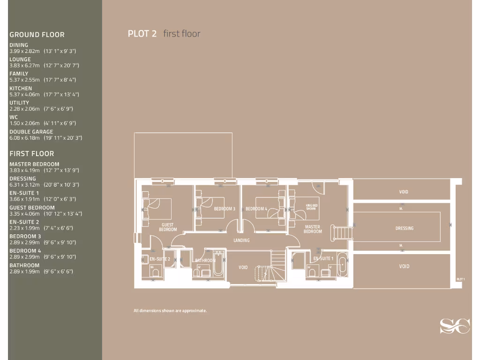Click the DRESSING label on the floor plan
pyautogui.click(x=404, y=228)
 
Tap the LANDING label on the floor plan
pyautogui.click(x=241, y=240)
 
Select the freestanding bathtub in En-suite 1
pyautogui.click(x=342, y=266)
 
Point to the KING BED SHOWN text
pyautogui.click(x=311, y=207)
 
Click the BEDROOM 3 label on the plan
pyautogui.click(x=224, y=209)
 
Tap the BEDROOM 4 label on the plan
pyautogui.click(x=256, y=209)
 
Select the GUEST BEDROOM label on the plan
pyautogui.click(x=168, y=227)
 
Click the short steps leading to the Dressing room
pyautogui.click(x=342, y=232)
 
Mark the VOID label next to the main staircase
pyautogui.click(x=243, y=267)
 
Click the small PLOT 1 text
pyautogui.click(x=460, y=279)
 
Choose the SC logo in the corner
pyautogui.click(x=454, y=326)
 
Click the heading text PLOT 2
pyautogui.click(x=142, y=33)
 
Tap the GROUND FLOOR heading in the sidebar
pyautogui.click(x=37, y=35)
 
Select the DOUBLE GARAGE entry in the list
pyautogui.click(x=31, y=132)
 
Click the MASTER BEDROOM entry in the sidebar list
pyautogui.click(x=34, y=164)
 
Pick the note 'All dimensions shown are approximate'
pyautogui.click(x=170, y=311)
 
